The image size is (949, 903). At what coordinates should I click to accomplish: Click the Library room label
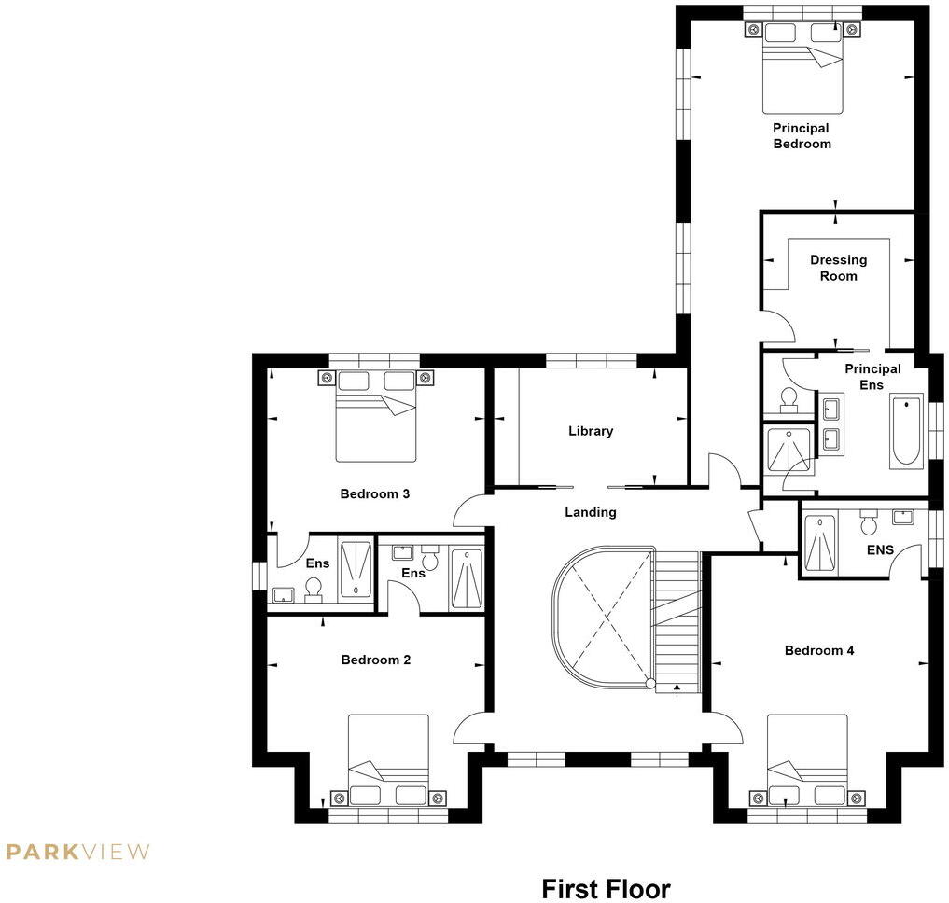coord(591,431)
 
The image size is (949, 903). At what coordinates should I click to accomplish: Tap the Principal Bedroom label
coord(801,136)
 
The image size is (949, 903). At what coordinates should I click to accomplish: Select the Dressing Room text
coord(838,268)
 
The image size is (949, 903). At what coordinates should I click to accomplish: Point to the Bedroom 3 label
coord(374,493)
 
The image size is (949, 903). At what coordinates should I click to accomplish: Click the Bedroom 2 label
coord(375,660)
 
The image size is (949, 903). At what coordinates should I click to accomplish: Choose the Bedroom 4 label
coord(818,650)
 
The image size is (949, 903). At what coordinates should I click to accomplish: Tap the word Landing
coord(590,512)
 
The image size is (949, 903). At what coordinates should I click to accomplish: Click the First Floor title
coord(605,888)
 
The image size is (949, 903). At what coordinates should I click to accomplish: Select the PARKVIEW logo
coord(77,851)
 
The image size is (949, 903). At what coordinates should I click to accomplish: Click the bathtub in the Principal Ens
coord(904,433)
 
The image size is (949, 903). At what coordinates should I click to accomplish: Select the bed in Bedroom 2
coord(388,757)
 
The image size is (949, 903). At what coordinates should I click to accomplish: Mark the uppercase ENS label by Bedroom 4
coord(880,550)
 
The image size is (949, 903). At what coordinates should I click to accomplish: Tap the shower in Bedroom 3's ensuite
coord(354,568)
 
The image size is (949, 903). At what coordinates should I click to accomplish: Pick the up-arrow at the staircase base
coord(675,688)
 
